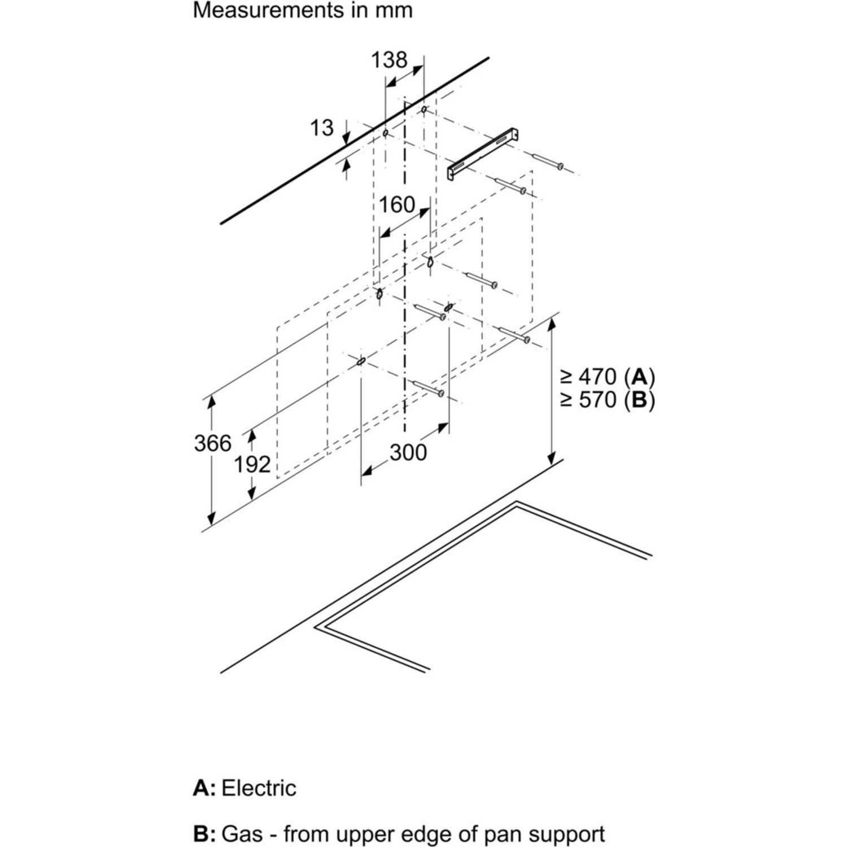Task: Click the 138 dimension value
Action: pyautogui.click(x=388, y=59)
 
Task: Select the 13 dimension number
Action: pyautogui.click(x=322, y=128)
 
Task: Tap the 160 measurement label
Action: pyautogui.click(x=396, y=204)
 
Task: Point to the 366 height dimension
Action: pyautogui.click(x=212, y=443)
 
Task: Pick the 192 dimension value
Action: pyautogui.click(x=252, y=464)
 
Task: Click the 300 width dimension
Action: pyautogui.click(x=408, y=452)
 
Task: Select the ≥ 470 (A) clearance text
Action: pyautogui.click(x=607, y=376)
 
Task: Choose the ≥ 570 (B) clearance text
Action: pyautogui.click(x=607, y=400)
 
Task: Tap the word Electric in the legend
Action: pyautogui.click(x=259, y=788)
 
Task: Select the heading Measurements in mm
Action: pyautogui.click(x=303, y=10)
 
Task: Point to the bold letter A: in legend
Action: pyautogui.click(x=204, y=788)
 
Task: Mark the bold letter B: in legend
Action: pyautogui.click(x=204, y=833)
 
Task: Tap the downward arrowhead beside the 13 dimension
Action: pyautogui.click(x=346, y=137)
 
